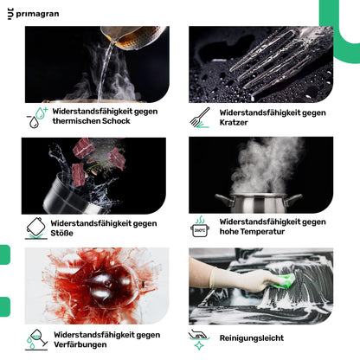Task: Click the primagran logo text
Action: tap(37, 14)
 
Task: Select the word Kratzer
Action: tap(234, 122)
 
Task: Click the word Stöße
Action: tap(61, 233)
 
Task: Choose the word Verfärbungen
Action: tap(80, 344)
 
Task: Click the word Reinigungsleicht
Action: tap(252, 338)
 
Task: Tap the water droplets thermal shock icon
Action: tap(37, 118)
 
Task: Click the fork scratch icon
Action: tap(200, 118)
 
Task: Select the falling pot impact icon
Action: tap(36, 228)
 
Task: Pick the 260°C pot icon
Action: tap(200, 227)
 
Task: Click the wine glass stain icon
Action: tap(36, 339)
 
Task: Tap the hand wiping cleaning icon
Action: tap(199, 340)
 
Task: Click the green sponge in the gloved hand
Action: tap(284, 280)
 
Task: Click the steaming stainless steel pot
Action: tap(258, 203)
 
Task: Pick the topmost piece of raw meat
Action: tap(84, 148)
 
